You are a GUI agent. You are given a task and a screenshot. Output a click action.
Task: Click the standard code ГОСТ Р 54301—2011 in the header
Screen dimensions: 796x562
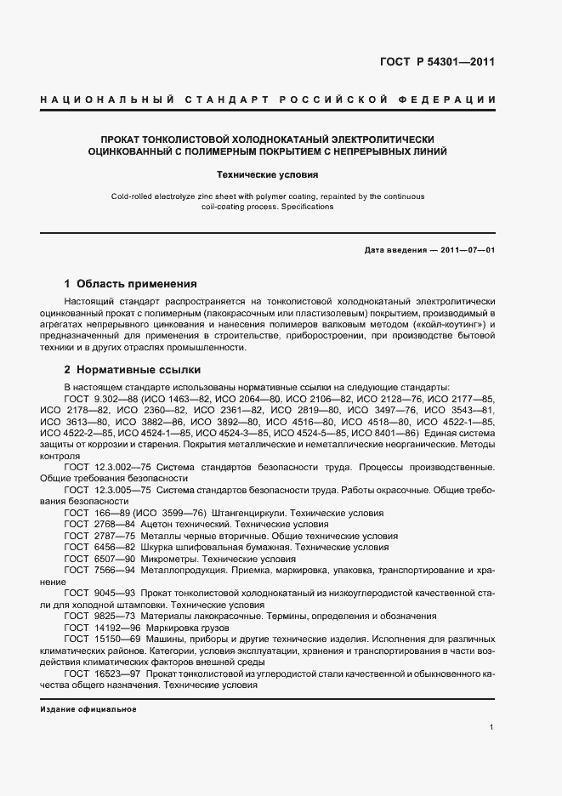(437, 62)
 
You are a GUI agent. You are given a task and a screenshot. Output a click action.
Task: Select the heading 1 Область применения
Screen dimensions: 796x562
(130, 284)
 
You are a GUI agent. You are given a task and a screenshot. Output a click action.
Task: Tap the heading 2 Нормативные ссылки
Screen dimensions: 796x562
(133, 370)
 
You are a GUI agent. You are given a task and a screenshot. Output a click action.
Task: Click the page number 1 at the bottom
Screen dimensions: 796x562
(492, 727)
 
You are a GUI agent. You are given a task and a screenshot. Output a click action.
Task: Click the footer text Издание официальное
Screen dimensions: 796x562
(88, 708)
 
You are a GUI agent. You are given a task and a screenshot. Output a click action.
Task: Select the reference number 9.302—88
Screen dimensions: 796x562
(116, 399)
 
